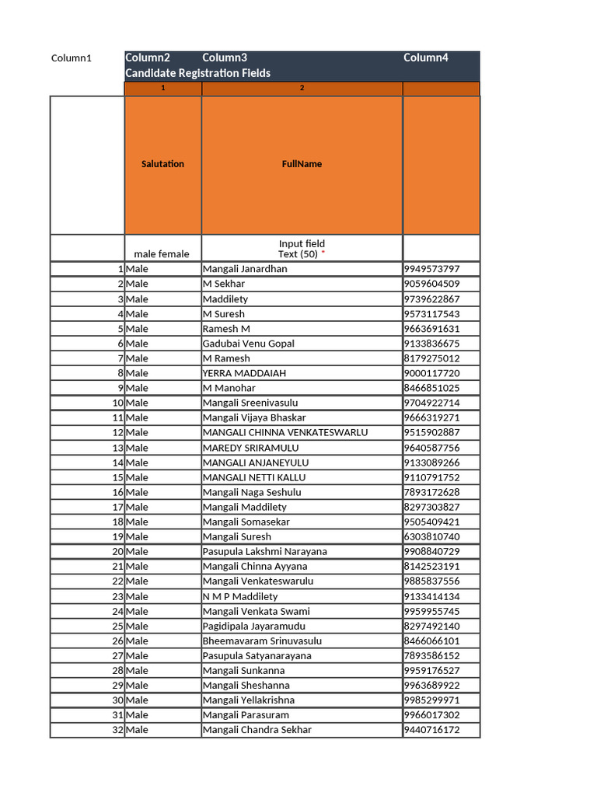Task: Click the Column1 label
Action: point(72,58)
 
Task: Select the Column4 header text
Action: point(425,58)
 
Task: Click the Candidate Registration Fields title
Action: point(197,73)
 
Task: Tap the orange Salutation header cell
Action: point(162,164)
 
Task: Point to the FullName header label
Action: point(302,164)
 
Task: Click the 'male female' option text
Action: point(161,254)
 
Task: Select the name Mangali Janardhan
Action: point(245,269)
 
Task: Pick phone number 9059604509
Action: point(431,284)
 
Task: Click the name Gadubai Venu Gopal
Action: point(248,344)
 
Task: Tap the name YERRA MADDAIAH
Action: point(244,373)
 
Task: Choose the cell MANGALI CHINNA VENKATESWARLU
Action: point(285,432)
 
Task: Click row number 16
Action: point(117,492)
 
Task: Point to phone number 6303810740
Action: point(431,536)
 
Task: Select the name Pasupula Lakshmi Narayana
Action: point(264,551)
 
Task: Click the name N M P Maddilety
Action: point(240,596)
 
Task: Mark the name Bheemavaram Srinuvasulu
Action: point(262,641)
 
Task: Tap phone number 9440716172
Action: point(431,730)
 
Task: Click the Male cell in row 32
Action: point(137,730)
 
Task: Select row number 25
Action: point(117,626)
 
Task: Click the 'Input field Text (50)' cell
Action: point(302,249)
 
